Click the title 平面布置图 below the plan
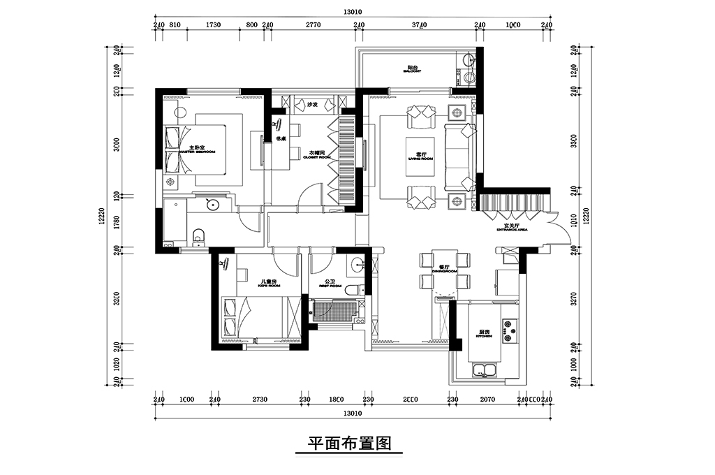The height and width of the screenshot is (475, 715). tap(348, 444)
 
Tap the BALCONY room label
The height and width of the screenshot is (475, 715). tap(413, 70)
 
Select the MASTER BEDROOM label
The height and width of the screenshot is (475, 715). tap(196, 149)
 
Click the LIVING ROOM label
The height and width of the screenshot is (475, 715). tap(421, 156)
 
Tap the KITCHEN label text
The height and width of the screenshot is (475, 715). tap(485, 334)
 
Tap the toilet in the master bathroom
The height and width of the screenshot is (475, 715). tap(198, 236)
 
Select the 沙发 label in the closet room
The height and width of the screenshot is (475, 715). tap(312, 105)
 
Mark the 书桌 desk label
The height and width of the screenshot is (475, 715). tap(281, 138)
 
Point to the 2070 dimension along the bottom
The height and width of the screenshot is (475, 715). tap(487, 400)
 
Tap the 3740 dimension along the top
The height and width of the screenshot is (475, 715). tap(419, 24)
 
